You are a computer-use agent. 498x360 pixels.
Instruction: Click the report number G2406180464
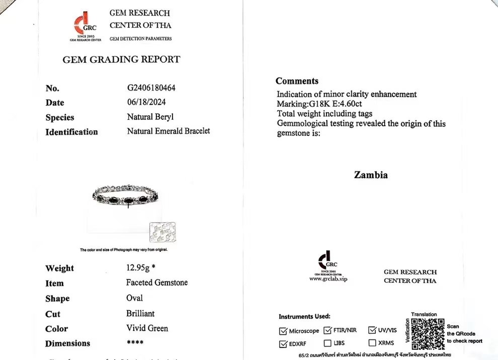(x=151, y=88)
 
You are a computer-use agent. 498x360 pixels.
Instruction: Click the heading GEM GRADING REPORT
(x=121, y=59)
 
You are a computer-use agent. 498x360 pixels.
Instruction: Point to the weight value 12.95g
(x=141, y=267)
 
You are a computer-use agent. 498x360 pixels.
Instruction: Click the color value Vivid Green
(x=147, y=328)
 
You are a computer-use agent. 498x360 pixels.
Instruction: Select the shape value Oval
(x=134, y=298)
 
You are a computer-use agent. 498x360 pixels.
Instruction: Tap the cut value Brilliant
(x=140, y=313)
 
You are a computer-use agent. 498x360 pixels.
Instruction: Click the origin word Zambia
(x=371, y=175)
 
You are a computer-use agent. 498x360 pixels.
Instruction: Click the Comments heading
(x=297, y=81)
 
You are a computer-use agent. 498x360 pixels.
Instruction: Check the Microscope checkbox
(x=283, y=331)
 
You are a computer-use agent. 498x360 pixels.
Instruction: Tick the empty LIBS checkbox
(x=327, y=343)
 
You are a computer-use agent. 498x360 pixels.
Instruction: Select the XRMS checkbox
(x=372, y=343)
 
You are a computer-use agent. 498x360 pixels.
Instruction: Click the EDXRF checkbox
(x=283, y=344)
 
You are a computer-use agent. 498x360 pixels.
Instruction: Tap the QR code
(x=428, y=333)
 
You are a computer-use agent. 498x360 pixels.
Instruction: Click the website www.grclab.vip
(x=328, y=279)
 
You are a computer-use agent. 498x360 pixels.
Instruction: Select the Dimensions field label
(x=67, y=344)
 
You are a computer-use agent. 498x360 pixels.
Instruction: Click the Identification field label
(x=71, y=132)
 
